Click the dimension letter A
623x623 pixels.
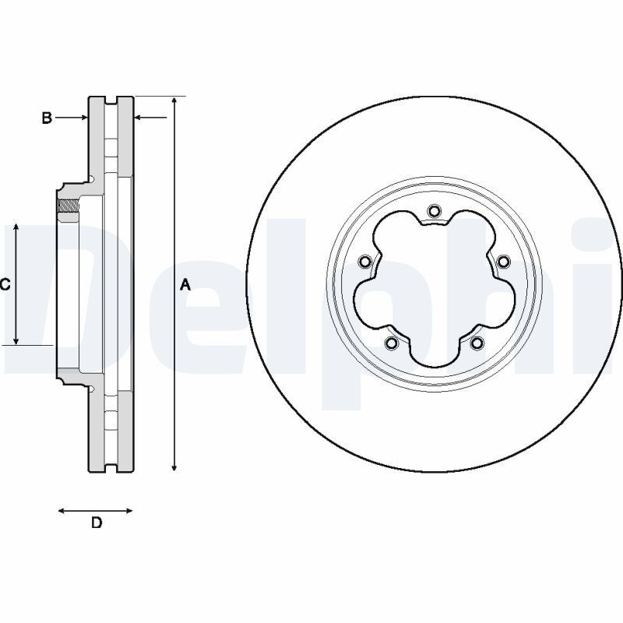click(x=185, y=285)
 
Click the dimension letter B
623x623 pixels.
click(x=47, y=118)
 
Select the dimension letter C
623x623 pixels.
click(x=5, y=285)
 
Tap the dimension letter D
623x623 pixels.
click(x=97, y=523)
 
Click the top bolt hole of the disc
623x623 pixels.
click(x=435, y=210)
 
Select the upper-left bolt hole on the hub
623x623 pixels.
click(x=364, y=262)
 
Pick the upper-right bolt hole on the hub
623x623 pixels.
click(x=503, y=261)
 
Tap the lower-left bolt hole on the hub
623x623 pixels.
click(x=392, y=343)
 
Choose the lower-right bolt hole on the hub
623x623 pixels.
click(x=477, y=343)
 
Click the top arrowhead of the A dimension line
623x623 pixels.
click(x=174, y=102)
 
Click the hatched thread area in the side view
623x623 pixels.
click(x=69, y=206)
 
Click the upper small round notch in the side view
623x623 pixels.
click(x=91, y=180)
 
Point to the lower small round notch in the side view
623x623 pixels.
click(x=91, y=389)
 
